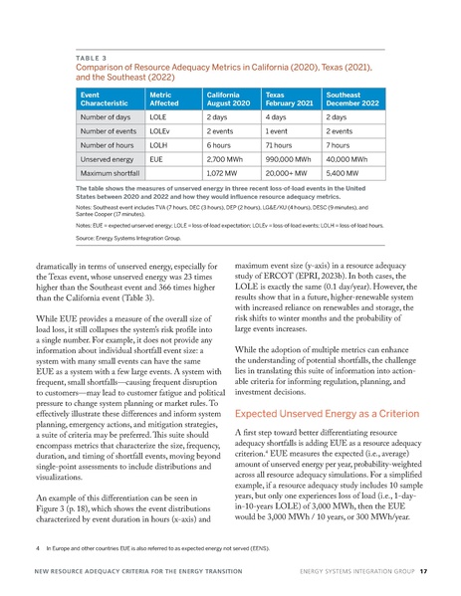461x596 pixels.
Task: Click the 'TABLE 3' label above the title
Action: coord(93,59)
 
